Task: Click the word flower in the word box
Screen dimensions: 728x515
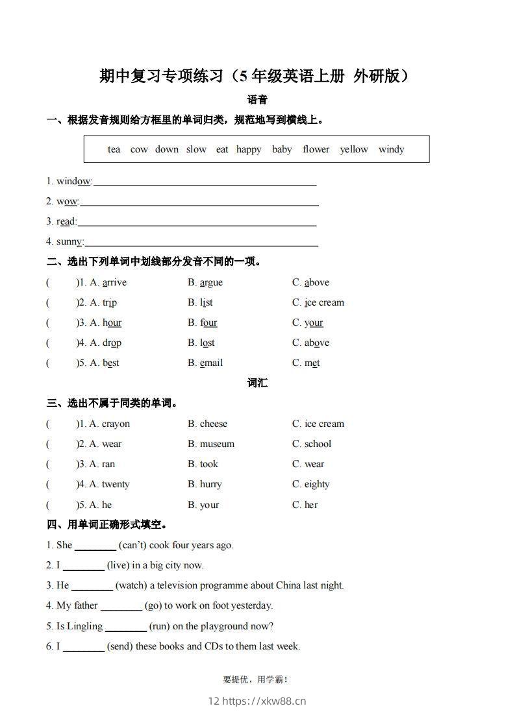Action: (316, 149)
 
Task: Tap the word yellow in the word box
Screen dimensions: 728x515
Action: (354, 149)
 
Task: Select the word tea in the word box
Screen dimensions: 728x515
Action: (114, 149)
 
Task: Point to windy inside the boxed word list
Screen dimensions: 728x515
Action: (391, 149)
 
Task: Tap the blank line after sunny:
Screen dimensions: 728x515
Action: (201, 244)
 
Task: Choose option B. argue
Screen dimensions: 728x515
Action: (205, 282)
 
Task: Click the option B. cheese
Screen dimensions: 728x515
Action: (208, 424)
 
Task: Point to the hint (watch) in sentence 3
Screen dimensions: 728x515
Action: (131, 585)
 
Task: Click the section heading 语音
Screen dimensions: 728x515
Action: (258, 100)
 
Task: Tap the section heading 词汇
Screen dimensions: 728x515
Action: (258, 383)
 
